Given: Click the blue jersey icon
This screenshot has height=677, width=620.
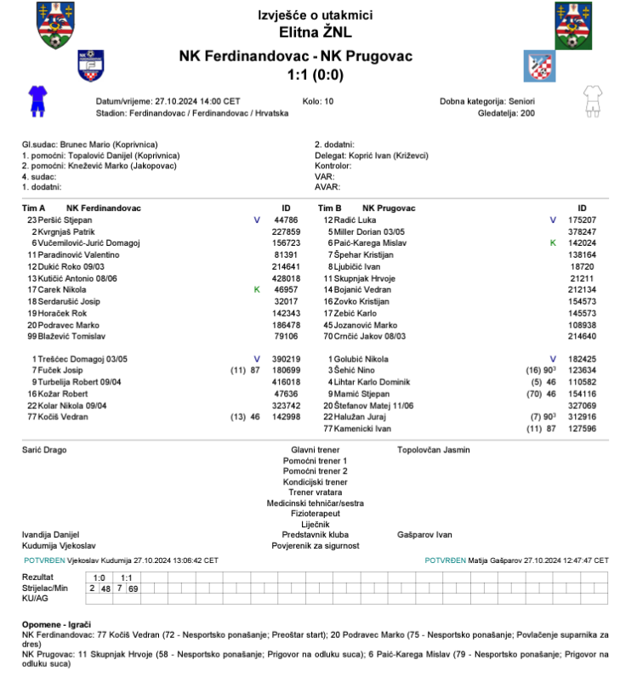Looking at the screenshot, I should coord(36,100).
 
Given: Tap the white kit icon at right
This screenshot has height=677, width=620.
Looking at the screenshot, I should coord(592,100).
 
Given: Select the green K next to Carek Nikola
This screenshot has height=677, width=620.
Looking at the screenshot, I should coord(257,289).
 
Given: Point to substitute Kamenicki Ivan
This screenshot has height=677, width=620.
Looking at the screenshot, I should coord(370,430).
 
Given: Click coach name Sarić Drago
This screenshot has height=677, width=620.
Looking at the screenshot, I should coord(44,449).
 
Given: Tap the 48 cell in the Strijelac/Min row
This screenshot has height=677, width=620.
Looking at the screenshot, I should coord(105,589).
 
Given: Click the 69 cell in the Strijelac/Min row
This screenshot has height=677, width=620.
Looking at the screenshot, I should coord(134,589).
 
